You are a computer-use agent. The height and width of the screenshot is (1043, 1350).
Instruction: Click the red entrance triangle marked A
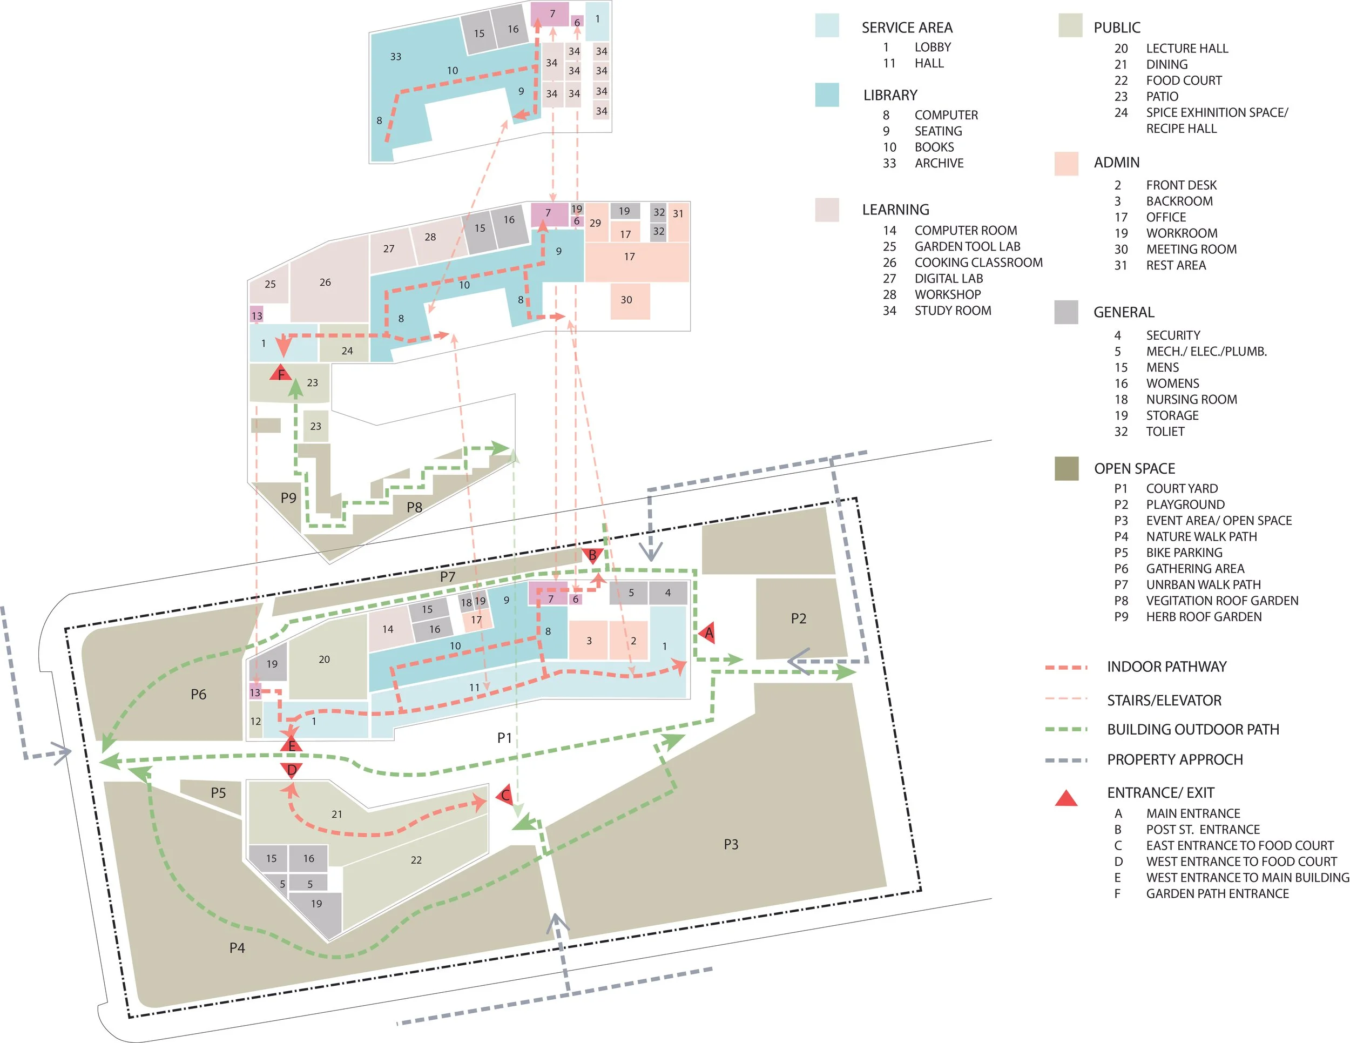[708, 632]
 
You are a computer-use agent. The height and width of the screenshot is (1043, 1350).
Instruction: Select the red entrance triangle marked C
[505, 795]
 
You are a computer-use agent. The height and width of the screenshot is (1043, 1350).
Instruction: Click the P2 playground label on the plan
[798, 619]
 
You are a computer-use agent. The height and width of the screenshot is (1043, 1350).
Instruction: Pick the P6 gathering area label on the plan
[198, 694]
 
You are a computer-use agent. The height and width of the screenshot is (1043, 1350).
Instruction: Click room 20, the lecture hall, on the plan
[325, 659]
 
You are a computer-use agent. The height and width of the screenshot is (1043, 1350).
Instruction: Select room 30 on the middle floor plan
[626, 300]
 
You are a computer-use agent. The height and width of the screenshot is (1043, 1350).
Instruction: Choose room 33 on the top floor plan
[396, 57]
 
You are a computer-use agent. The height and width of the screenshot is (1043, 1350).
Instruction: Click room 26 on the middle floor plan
[325, 282]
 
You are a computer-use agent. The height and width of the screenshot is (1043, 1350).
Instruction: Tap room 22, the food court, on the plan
[416, 860]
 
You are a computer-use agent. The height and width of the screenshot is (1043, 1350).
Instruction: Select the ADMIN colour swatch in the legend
[1066, 163]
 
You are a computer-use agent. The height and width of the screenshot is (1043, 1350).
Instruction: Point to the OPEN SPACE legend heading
[1135, 469]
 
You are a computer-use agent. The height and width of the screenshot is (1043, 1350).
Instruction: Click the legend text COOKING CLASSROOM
[978, 263]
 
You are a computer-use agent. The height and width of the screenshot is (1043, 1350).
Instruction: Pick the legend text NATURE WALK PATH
[1201, 537]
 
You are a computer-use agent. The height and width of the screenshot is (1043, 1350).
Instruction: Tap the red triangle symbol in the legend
[1066, 798]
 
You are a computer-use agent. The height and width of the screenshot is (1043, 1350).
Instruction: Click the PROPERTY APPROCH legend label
[1174, 759]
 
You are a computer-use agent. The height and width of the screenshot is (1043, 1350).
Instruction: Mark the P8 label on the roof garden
[414, 508]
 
